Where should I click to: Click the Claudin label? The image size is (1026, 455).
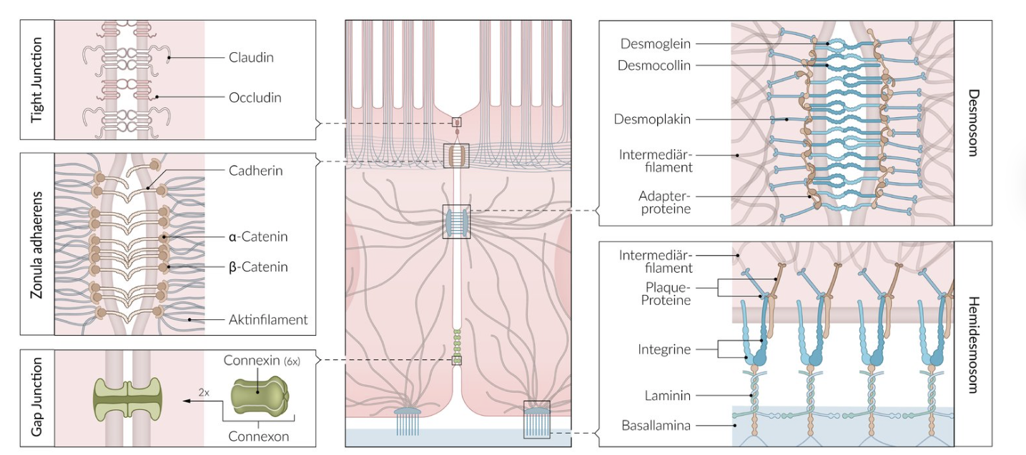click(x=251, y=57)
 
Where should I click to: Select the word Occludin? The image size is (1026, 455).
click(x=255, y=97)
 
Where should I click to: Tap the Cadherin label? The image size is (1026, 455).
click(x=256, y=171)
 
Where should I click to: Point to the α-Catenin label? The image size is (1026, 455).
click(x=258, y=236)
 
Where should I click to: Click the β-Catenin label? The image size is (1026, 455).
click(x=258, y=267)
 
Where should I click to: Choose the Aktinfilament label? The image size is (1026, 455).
click(x=268, y=319)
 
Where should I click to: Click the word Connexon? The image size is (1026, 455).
click(x=259, y=436)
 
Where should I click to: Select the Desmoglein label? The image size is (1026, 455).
click(x=655, y=44)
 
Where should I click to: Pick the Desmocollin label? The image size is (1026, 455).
click(x=653, y=65)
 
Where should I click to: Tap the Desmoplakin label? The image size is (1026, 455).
click(x=652, y=119)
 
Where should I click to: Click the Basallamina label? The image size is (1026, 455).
click(x=656, y=426)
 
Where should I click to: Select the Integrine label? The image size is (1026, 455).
click(x=665, y=349)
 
